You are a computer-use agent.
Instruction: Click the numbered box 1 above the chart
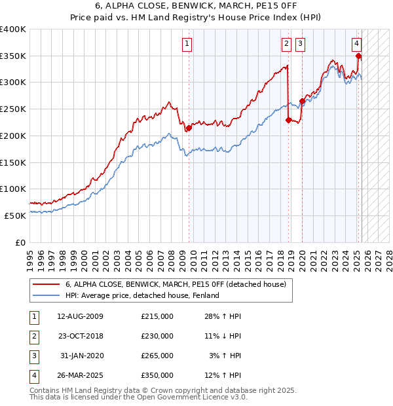187,44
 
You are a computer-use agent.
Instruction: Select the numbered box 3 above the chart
300,44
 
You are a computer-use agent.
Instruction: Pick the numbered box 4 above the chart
356,44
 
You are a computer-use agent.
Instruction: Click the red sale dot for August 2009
189,128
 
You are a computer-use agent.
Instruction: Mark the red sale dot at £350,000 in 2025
358,56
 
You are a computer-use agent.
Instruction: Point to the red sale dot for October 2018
288,120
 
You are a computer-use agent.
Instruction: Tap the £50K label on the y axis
16,215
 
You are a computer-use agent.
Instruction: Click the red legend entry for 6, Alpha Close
176,284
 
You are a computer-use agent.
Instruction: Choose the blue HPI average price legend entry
141,295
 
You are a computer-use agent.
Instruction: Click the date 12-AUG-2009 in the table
80,317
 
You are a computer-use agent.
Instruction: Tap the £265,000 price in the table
157,356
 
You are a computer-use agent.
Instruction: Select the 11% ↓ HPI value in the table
223,337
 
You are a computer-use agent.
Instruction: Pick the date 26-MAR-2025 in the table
80,376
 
